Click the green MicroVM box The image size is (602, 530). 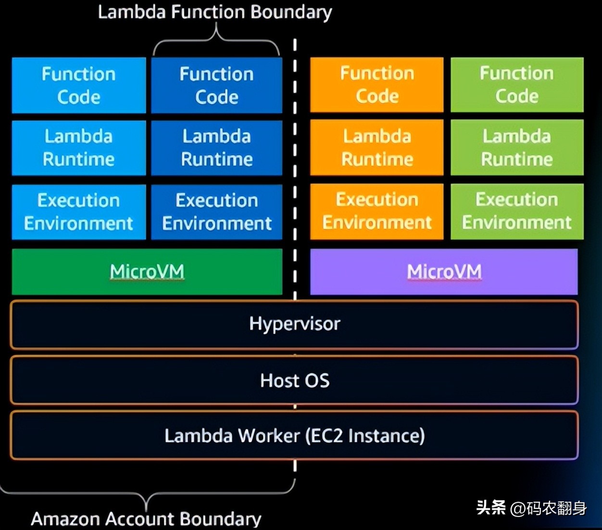pos(147,272)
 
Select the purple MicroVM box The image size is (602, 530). pos(443,272)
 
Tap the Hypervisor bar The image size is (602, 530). pos(294,324)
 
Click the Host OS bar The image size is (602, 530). pos(294,380)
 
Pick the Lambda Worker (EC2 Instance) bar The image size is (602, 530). pos(294,436)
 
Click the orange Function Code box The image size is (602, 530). pos(376,85)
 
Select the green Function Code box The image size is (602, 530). pos(517,85)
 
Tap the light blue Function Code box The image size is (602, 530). pos(78,86)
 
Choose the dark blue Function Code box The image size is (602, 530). pos(216,86)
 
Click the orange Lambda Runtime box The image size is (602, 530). pos(376,148)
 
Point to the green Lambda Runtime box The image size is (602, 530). pos(517,148)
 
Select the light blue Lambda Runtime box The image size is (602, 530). pos(78,148)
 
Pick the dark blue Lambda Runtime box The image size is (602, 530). pos(216,148)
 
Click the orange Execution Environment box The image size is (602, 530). pos(376,211)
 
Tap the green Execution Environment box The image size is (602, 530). pos(517,211)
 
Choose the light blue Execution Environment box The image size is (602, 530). pos(78,212)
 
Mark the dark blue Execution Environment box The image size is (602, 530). pos(216,212)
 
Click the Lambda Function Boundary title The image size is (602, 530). pos(214,12)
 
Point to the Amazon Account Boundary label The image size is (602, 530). pos(146,518)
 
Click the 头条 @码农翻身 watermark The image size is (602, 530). pos(531,508)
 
